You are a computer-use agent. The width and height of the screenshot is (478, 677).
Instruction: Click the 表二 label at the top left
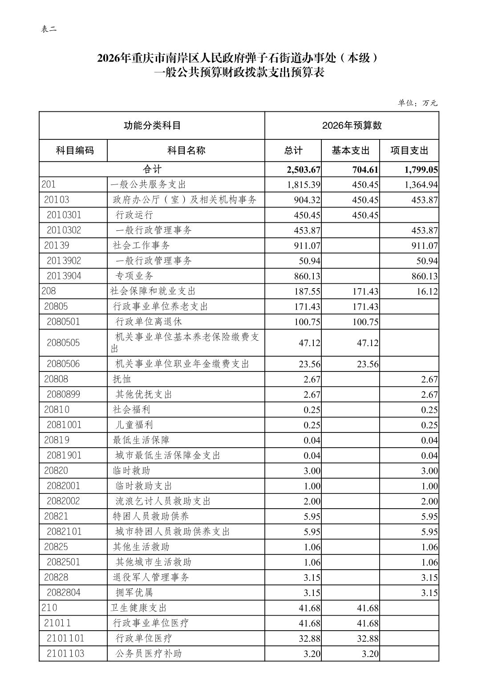point(49,29)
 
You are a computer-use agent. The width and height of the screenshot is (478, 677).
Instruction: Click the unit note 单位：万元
point(417,103)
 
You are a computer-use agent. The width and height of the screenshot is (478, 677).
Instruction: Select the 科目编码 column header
point(75,150)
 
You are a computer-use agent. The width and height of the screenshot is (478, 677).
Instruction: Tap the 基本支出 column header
point(350,150)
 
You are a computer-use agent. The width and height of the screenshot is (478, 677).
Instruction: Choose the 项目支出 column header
point(409,150)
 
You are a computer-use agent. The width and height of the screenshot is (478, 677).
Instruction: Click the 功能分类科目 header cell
point(152,125)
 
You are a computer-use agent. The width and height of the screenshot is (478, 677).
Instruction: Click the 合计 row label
point(152,169)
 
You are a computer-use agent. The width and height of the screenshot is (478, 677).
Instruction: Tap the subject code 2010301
point(64,215)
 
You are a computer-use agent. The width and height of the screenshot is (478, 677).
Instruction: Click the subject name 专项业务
point(134,276)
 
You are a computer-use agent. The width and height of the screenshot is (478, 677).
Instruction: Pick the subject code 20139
point(57,245)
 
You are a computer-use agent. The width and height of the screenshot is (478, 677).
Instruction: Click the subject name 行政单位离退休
point(148,322)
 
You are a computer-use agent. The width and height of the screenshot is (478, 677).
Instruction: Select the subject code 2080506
point(63,364)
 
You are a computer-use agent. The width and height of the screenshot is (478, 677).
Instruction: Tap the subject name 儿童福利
point(134,425)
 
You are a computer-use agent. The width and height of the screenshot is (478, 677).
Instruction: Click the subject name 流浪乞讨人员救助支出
point(162,501)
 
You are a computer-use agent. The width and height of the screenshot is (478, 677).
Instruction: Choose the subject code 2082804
point(63,593)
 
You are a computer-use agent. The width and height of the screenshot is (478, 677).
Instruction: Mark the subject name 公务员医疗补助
point(148,653)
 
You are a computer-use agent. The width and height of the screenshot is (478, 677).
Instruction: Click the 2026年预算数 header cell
point(352,125)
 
